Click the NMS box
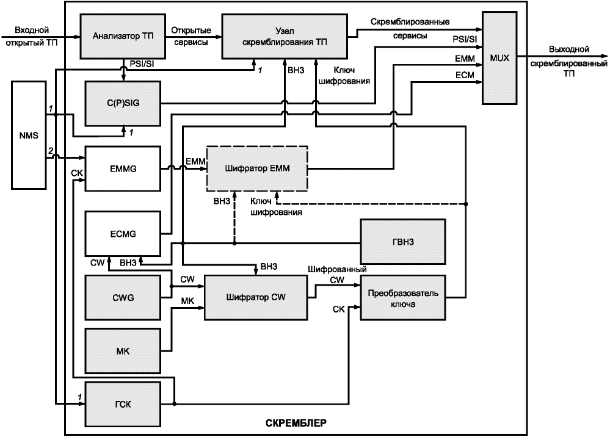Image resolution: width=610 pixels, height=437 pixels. click(29, 135)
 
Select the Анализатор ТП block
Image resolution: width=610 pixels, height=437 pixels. click(123, 36)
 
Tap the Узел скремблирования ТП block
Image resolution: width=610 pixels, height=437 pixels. click(285, 37)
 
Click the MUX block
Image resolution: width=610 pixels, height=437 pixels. click(499, 58)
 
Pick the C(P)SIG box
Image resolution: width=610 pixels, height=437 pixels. click(123, 103)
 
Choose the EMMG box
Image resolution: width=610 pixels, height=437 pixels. click(123, 168)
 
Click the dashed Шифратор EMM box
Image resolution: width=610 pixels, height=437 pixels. click(257, 168)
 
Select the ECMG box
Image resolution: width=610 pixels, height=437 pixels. click(123, 234)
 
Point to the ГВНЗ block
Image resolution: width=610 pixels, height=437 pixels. click(403, 242)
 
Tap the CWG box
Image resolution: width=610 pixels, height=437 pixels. click(123, 298)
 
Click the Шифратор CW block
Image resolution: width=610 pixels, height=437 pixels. click(256, 297)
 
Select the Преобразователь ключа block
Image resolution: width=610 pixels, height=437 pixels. click(403, 298)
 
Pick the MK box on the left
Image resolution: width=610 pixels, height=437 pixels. click(123, 351)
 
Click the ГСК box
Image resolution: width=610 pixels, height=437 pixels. click(123, 404)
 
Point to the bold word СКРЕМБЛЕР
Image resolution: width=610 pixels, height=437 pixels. click(296, 423)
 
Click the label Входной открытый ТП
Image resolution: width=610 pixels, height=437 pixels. click(31, 36)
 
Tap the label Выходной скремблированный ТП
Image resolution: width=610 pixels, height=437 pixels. click(568, 62)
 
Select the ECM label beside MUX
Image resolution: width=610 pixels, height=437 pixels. click(465, 75)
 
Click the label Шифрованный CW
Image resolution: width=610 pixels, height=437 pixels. click(337, 275)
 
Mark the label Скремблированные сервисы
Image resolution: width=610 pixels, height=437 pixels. click(410, 29)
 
